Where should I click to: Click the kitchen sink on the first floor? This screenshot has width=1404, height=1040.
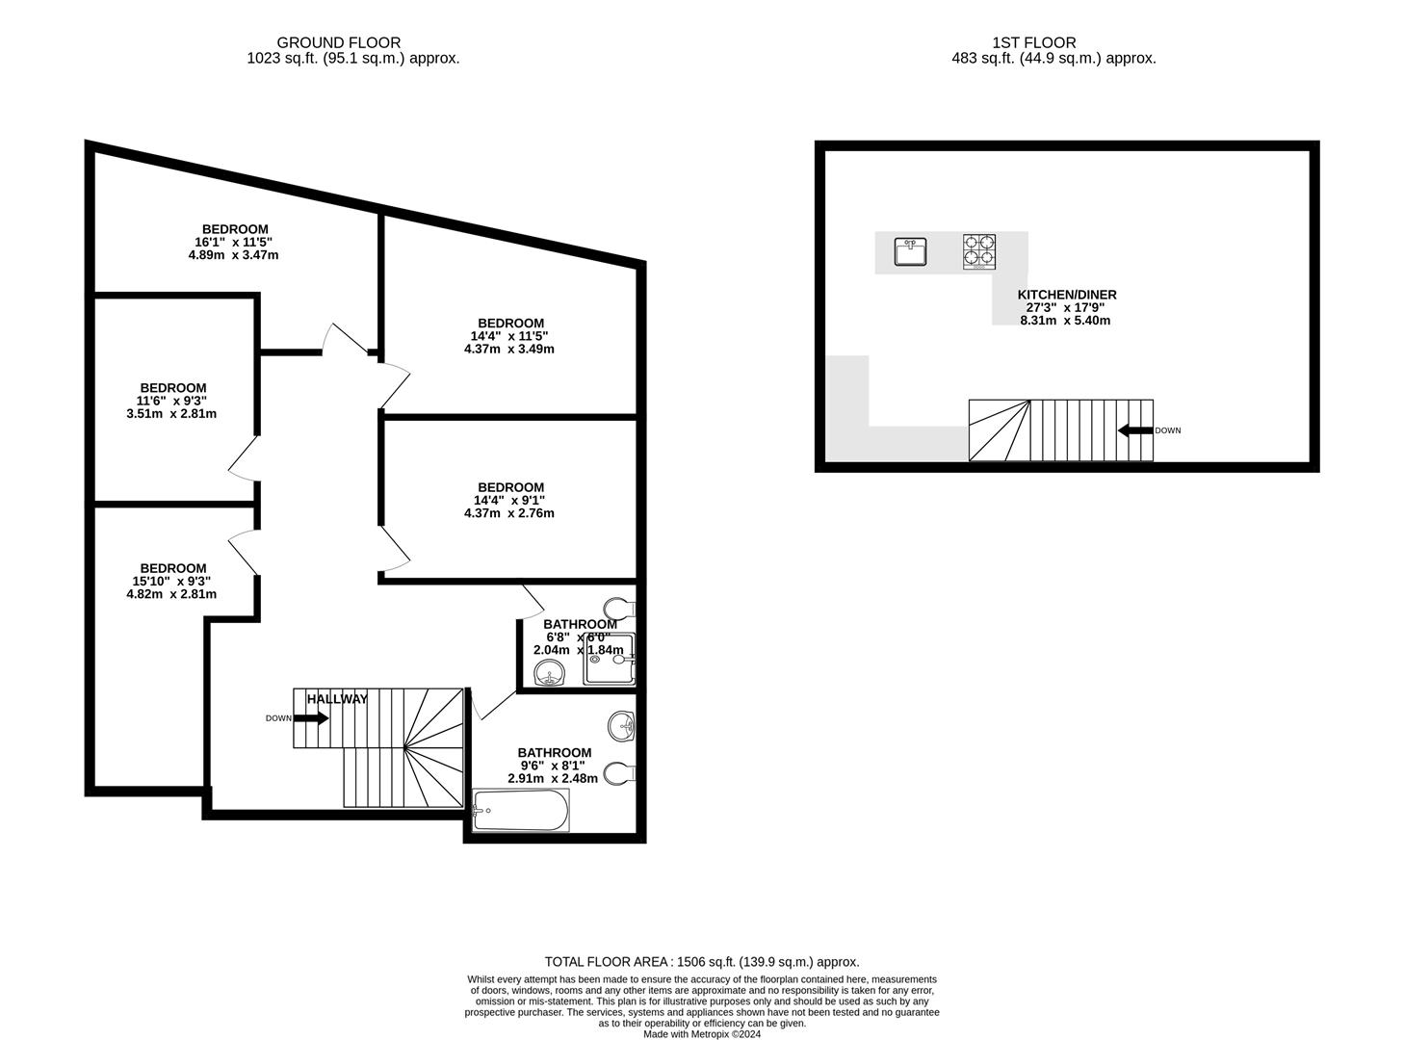[x=909, y=252]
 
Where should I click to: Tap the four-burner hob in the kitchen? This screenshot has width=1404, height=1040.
[x=978, y=252]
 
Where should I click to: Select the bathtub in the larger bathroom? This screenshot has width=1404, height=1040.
[x=521, y=810]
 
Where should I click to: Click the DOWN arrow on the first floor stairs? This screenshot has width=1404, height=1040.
[x=1135, y=430]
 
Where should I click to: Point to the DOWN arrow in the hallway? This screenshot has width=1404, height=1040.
[x=310, y=718]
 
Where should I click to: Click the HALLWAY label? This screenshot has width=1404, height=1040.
[x=337, y=699]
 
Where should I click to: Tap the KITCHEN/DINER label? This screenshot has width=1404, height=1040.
[x=1067, y=295]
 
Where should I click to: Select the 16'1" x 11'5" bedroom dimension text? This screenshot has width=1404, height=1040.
[x=234, y=243]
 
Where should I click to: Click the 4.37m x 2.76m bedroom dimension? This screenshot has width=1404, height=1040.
[x=508, y=513]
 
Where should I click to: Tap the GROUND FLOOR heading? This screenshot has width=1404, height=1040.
[x=339, y=42]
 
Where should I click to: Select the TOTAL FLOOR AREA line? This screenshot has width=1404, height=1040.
[x=701, y=961]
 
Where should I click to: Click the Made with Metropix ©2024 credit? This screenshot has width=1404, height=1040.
[x=701, y=1034]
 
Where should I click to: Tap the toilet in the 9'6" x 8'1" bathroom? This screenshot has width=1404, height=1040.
[x=619, y=773]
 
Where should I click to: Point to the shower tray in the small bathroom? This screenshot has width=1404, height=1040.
[x=609, y=660]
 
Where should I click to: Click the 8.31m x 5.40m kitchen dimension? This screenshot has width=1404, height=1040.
[x=1065, y=321]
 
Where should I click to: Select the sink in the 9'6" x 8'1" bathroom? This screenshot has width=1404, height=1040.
[x=621, y=726]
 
